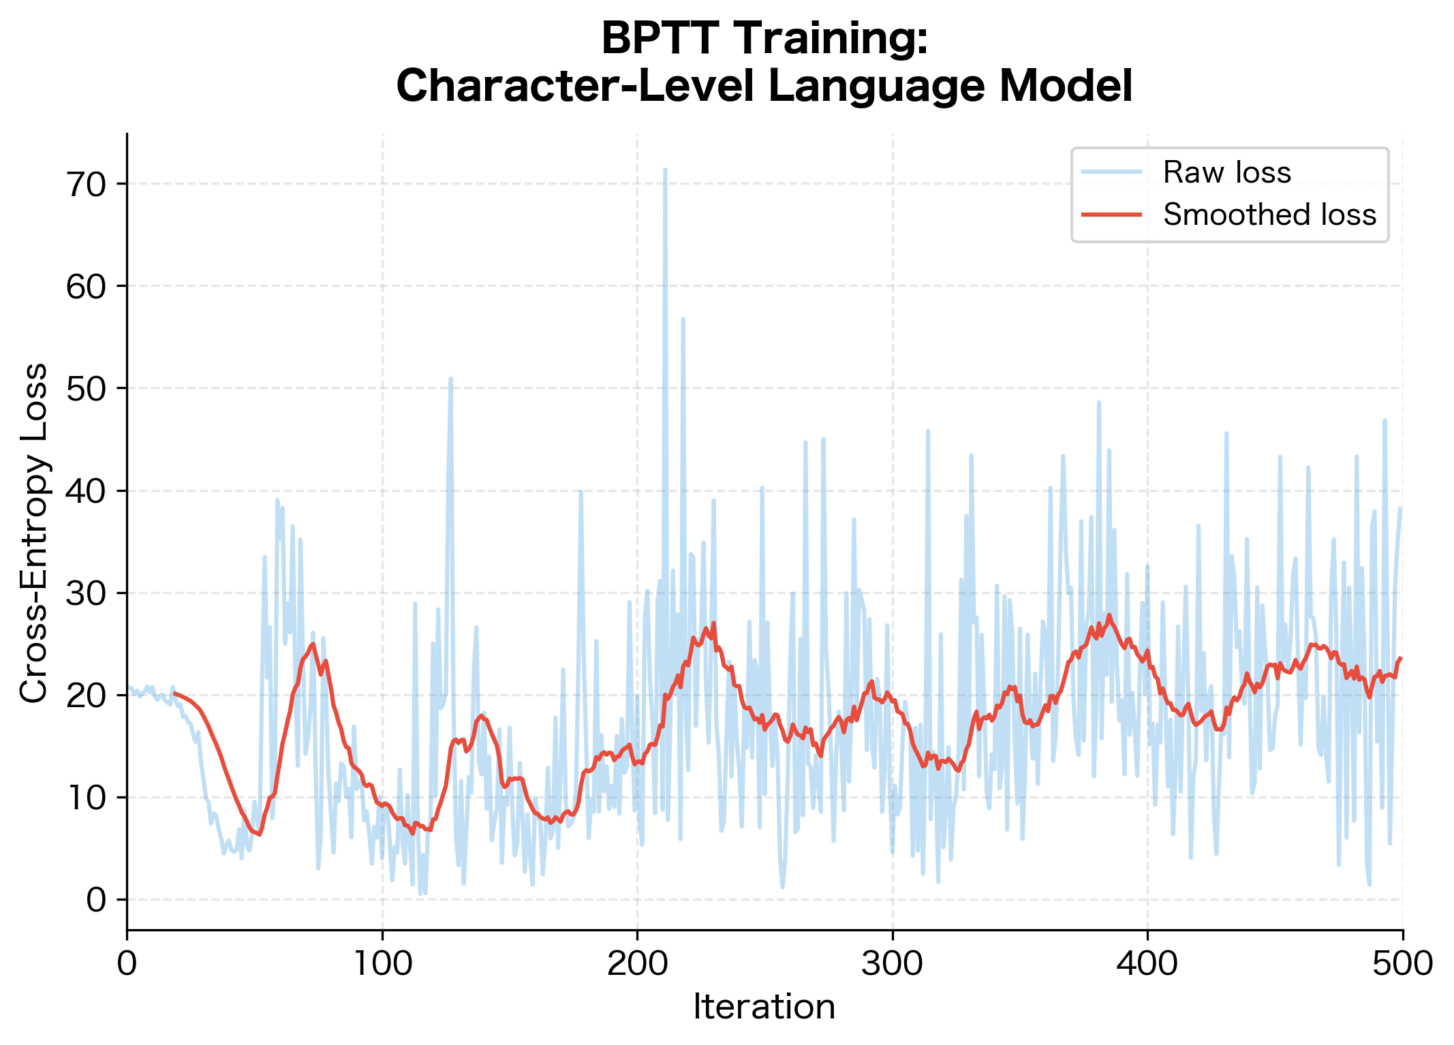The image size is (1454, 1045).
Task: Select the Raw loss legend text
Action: [1226, 172]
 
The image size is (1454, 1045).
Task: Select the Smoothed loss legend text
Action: [1269, 215]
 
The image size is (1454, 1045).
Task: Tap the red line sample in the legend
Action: [1111, 215]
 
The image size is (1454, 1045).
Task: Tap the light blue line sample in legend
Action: [1111, 172]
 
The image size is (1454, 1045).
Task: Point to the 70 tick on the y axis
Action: [87, 185]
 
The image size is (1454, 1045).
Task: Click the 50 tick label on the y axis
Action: [87, 389]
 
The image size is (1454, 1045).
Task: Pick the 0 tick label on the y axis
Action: [96, 901]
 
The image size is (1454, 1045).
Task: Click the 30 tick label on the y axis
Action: [87, 594]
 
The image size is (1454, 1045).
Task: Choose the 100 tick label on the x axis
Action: [382, 964]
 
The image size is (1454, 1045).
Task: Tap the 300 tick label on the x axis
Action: [893, 964]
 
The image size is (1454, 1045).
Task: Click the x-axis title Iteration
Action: [764, 1007]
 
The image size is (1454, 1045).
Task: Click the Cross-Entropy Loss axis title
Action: [34, 532]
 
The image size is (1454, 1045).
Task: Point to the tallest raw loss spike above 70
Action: [665, 170]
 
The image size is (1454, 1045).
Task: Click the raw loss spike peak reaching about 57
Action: [683, 318]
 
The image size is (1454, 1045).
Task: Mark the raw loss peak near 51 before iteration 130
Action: [450, 378]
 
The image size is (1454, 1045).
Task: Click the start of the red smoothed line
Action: [174, 693]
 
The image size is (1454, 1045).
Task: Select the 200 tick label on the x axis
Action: [637, 964]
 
